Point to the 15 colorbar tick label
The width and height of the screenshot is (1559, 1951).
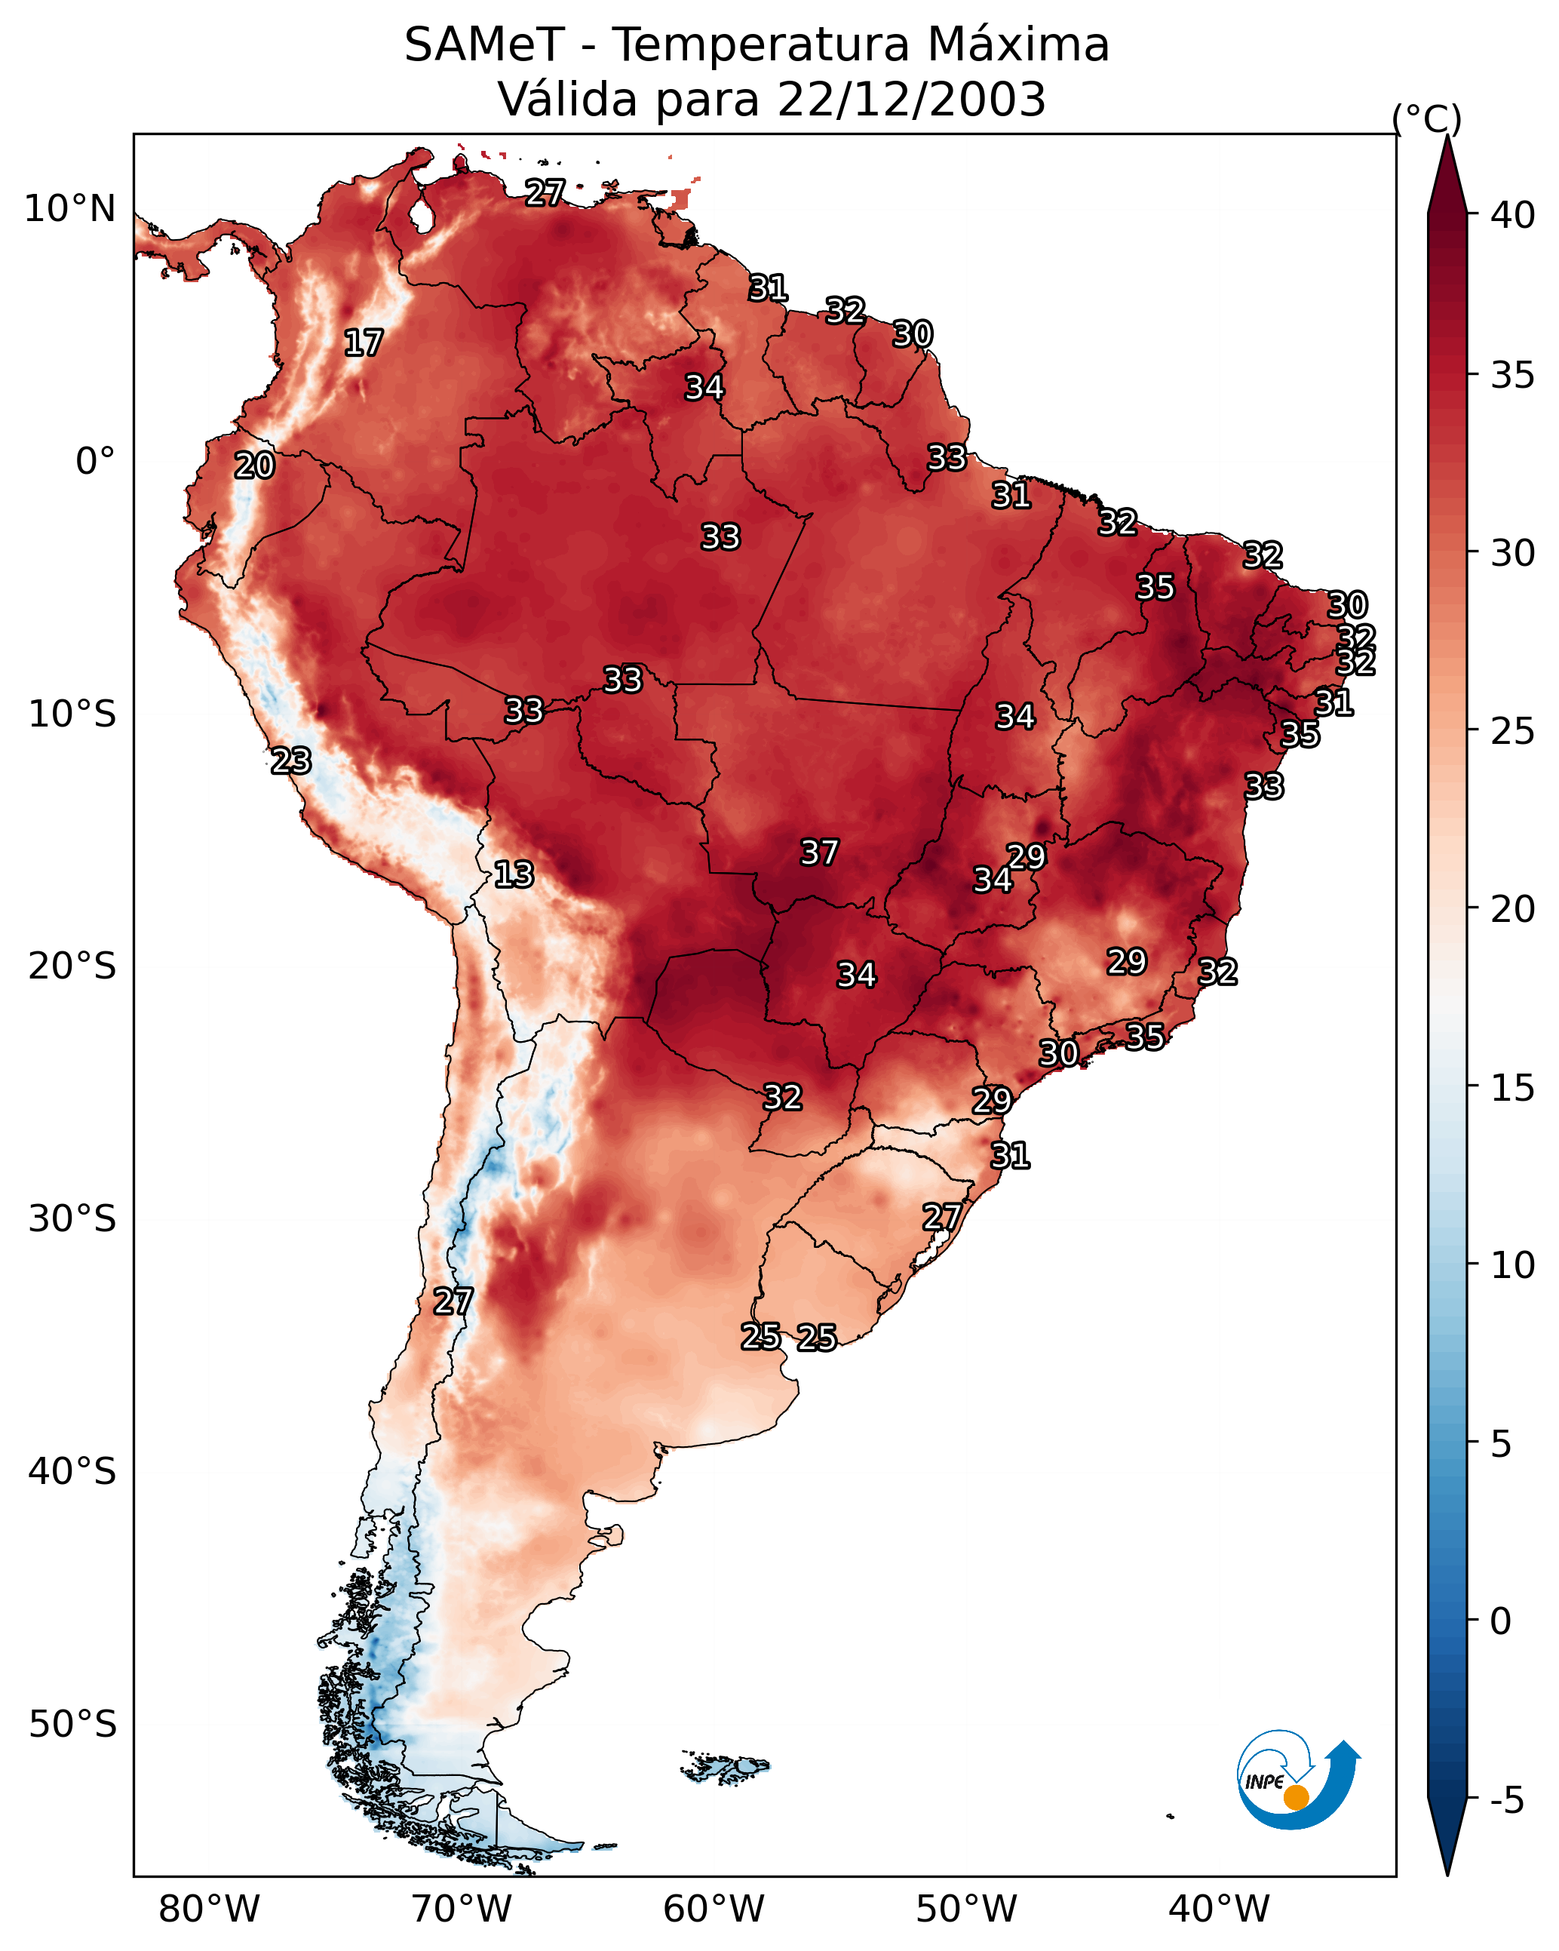click(1512, 1088)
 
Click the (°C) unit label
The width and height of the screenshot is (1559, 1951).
click(1426, 118)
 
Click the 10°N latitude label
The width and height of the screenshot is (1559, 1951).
click(69, 209)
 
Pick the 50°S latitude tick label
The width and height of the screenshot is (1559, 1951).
click(72, 1725)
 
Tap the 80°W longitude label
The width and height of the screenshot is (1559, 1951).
click(209, 1910)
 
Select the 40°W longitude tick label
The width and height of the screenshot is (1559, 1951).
click(1219, 1910)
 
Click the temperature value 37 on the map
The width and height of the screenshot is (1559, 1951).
click(820, 853)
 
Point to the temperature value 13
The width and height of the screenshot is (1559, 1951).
click(514, 874)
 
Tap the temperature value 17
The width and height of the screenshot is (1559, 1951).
click(364, 343)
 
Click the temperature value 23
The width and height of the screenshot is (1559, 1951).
click(291, 761)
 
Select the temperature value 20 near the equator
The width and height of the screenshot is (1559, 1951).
click(254, 466)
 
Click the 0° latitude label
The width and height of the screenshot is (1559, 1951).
click(95, 462)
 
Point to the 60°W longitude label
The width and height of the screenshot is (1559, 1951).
click(714, 1910)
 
